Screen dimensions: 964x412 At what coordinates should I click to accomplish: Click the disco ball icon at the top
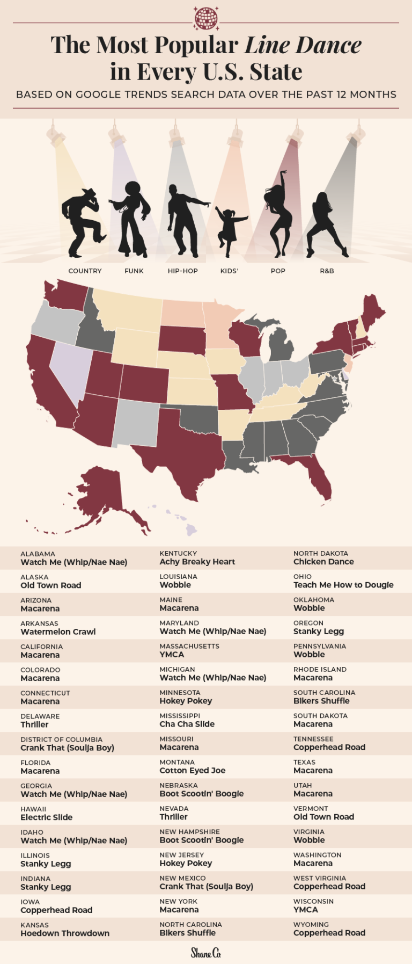point(206,18)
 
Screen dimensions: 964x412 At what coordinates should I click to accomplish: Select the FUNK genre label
point(134,271)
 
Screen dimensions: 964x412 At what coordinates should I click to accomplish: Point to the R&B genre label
point(327,271)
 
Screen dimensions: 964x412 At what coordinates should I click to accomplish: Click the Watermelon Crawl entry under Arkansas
point(58,632)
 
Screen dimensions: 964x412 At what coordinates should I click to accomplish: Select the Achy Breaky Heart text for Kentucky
point(197,562)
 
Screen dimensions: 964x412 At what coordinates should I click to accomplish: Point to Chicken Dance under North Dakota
point(323,562)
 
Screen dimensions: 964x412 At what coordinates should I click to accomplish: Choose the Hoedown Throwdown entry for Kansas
point(65,933)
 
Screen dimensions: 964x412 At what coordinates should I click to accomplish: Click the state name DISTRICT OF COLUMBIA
point(61,740)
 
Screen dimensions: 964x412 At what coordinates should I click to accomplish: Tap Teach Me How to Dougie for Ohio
point(343,585)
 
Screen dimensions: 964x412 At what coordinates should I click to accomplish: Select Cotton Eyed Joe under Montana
point(193,771)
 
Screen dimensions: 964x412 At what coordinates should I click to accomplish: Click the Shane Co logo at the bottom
point(206,953)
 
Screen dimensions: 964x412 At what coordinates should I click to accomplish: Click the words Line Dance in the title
point(303,45)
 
